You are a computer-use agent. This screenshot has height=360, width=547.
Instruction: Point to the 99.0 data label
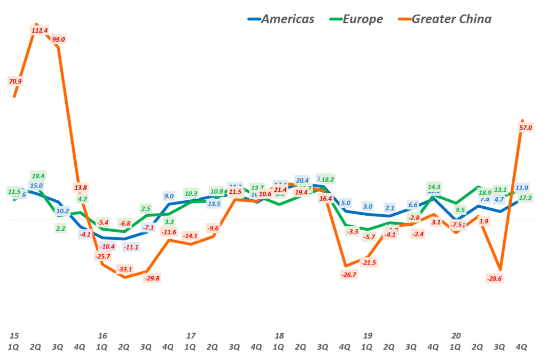coord(59,40)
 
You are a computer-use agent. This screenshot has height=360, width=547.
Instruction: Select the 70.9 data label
coord(15,81)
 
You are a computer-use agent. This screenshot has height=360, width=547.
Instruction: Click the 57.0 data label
coord(526,128)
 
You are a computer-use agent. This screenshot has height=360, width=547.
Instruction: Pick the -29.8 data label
coord(152,278)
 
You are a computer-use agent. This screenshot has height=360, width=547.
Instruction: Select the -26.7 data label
coord(348,275)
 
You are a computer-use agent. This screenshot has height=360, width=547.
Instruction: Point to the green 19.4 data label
coord(38,175)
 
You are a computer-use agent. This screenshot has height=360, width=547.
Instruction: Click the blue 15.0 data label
coord(36,186)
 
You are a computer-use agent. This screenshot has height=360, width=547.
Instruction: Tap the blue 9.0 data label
coord(168,196)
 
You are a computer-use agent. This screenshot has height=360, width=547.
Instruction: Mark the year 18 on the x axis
coord(278,336)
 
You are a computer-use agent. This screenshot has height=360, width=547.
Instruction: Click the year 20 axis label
coord(456,336)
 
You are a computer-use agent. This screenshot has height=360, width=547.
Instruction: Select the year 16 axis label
coord(102,336)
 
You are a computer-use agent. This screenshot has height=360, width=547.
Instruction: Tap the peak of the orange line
coord(36,24)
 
